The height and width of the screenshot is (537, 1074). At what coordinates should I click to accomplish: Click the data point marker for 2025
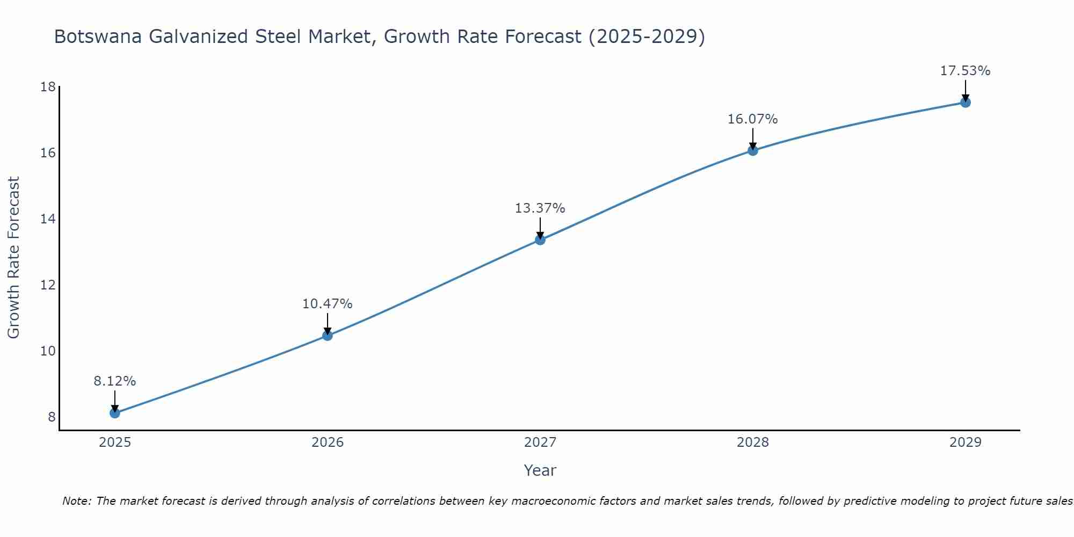pyautogui.click(x=114, y=413)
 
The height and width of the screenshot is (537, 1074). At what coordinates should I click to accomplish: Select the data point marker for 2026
pyautogui.click(x=327, y=336)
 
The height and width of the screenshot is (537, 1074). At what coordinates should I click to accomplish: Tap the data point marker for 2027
pyautogui.click(x=540, y=240)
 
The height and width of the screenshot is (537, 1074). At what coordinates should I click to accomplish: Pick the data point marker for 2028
pyautogui.click(x=752, y=150)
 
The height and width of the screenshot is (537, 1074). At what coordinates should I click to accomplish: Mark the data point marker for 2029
pyautogui.click(x=965, y=103)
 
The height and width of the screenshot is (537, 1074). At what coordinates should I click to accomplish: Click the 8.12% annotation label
pyautogui.click(x=114, y=381)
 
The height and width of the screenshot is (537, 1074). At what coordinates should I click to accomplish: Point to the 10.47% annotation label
pyautogui.click(x=327, y=304)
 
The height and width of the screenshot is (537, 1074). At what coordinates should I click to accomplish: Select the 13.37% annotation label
pyautogui.click(x=540, y=208)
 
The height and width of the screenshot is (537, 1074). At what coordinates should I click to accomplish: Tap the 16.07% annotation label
pyautogui.click(x=752, y=119)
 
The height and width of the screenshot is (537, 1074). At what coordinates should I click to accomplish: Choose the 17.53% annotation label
pyautogui.click(x=965, y=71)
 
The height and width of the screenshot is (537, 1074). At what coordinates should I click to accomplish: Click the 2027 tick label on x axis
pyautogui.click(x=540, y=442)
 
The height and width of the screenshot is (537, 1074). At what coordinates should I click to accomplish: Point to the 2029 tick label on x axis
pyautogui.click(x=965, y=442)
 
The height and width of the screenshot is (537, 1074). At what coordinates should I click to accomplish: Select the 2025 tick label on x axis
pyautogui.click(x=114, y=442)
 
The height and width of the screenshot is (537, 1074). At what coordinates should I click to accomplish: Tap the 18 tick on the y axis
pyautogui.click(x=48, y=87)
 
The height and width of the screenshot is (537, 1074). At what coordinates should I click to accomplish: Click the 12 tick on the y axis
pyautogui.click(x=48, y=285)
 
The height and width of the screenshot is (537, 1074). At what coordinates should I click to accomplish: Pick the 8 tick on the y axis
pyautogui.click(x=52, y=417)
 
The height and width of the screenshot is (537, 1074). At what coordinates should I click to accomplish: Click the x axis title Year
pyautogui.click(x=540, y=470)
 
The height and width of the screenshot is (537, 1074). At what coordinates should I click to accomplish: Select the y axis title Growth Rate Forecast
pyautogui.click(x=13, y=258)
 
